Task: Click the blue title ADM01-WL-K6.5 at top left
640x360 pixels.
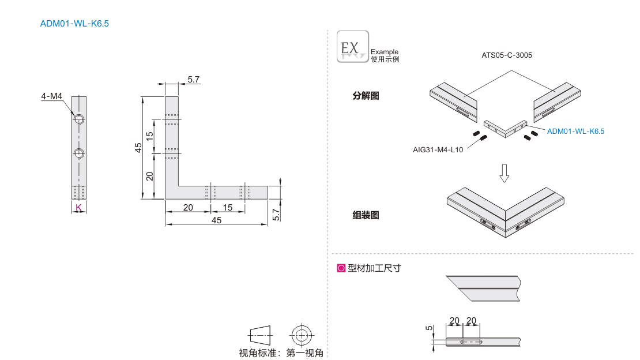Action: pyautogui.click(x=74, y=24)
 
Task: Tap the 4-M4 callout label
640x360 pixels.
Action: pyautogui.click(x=51, y=96)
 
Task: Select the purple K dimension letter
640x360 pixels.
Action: pyautogui.click(x=78, y=207)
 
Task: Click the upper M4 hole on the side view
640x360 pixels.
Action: pyautogui.click(x=79, y=119)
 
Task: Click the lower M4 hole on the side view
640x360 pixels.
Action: pyautogui.click(x=79, y=153)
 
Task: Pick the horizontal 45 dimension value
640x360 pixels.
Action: pyautogui.click(x=216, y=220)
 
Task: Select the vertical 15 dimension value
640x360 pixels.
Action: pyautogui.click(x=149, y=137)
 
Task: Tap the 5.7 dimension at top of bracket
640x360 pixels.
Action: pyautogui.click(x=194, y=80)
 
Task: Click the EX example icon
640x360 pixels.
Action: pyautogui.click(x=352, y=47)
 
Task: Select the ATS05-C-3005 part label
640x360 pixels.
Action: pyautogui.click(x=507, y=56)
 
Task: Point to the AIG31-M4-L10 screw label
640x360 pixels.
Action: pyautogui.click(x=438, y=149)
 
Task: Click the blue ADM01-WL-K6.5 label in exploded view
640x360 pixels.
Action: pyautogui.click(x=575, y=132)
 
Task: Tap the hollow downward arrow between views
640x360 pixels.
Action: pyautogui.click(x=505, y=172)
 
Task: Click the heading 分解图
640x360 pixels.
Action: pyautogui.click(x=366, y=96)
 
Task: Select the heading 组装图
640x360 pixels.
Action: pyautogui.click(x=366, y=215)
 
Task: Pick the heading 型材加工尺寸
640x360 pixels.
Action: pyautogui.click(x=374, y=268)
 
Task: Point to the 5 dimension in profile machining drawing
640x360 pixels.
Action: pyautogui.click(x=428, y=328)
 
